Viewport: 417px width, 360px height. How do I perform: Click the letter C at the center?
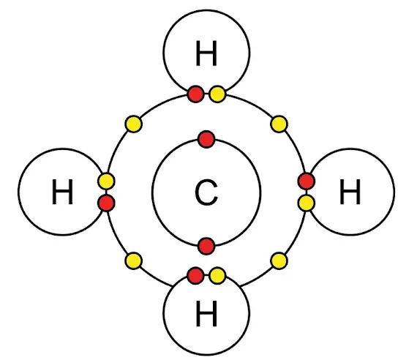[206, 192]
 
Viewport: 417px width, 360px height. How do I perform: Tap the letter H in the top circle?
[206, 53]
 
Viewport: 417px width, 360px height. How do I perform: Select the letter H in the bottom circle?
[206, 313]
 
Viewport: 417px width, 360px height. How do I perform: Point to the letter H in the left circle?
[62, 192]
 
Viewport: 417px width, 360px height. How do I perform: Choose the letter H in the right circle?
[350, 192]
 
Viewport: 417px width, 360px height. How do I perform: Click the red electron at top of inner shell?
[206, 139]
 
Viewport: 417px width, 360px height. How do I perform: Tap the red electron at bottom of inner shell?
[206, 246]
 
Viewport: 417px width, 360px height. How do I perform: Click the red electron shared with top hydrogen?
[196, 94]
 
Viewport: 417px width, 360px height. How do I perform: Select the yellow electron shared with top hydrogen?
[217, 94]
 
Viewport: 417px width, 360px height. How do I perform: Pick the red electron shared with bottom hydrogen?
[196, 275]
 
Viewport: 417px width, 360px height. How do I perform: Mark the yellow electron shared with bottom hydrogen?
[217, 275]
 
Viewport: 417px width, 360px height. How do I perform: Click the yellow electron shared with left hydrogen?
[106, 181]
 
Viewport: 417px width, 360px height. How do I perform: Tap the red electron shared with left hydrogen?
[106, 203]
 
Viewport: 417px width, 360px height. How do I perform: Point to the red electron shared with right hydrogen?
[307, 181]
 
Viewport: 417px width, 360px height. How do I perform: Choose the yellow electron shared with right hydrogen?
[307, 203]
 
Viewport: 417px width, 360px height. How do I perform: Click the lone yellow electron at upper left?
[133, 124]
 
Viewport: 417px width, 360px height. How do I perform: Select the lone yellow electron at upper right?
[279, 124]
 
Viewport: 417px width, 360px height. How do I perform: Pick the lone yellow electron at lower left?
[133, 260]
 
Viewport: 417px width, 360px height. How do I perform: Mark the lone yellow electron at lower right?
[279, 260]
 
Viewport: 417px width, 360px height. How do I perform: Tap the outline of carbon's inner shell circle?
[152, 192]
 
